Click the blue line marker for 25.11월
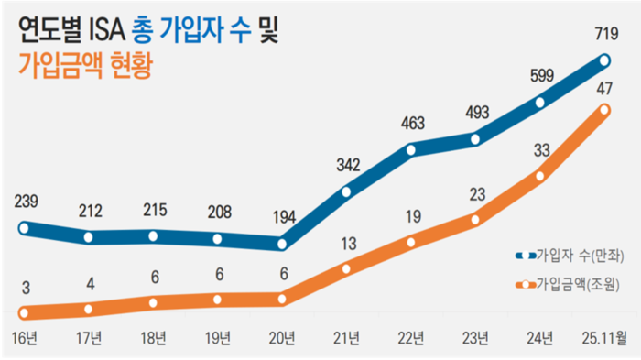604,61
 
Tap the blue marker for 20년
282,244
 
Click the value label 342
346,165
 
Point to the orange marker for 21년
346,268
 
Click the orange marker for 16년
25,313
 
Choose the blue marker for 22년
411,149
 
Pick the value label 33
540,149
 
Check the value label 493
475,114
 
